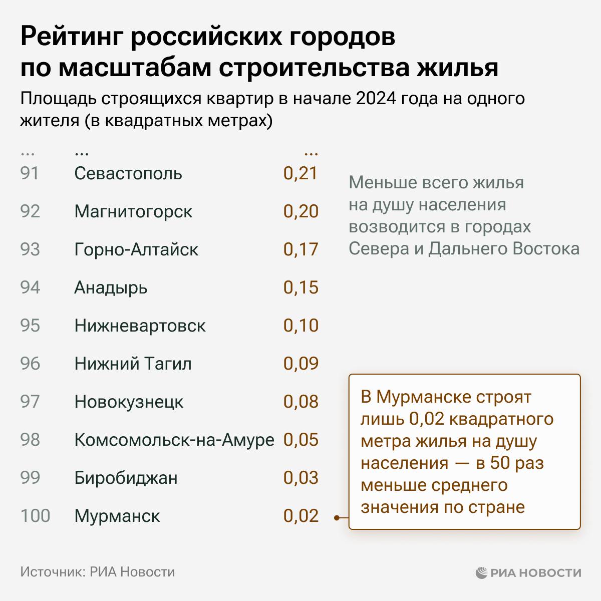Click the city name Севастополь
coord(128,174)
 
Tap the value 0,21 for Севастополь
coord(300,174)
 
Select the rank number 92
coord(30,211)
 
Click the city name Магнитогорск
coord(133,211)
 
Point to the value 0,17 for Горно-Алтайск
coord(300,249)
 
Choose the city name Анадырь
coord(111,287)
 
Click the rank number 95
coord(30,326)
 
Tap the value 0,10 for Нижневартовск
coord(300,326)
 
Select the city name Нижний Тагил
coord(133,364)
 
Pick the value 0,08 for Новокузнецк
coord(300,402)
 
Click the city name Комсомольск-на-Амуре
coord(174,440)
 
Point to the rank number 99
coord(30,478)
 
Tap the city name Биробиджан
coord(126,478)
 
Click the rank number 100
coord(35,516)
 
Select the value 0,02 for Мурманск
coord(300,516)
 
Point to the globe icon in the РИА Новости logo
coord(481,572)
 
